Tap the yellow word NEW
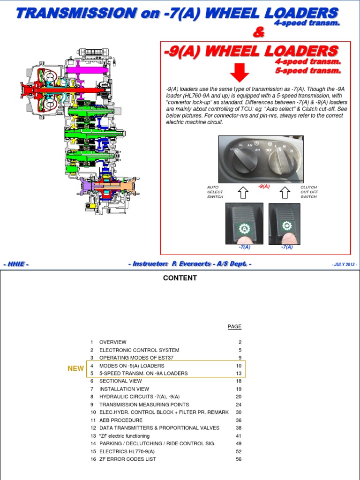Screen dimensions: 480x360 tap(75, 368)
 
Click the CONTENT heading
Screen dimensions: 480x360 tap(180, 278)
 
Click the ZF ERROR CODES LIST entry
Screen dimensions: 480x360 tap(127, 459)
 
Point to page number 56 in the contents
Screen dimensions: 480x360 tap(239, 459)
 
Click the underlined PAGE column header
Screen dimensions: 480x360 tap(235, 327)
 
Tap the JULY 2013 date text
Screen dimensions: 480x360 tap(345, 265)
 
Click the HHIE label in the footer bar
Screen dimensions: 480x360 tap(16, 265)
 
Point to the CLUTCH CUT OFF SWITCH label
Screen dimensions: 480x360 tap(309, 192)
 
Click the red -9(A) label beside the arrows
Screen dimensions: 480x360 tap(264, 186)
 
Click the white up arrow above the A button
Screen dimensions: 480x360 tap(244, 192)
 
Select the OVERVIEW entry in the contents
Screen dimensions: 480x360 tap(112, 342)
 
